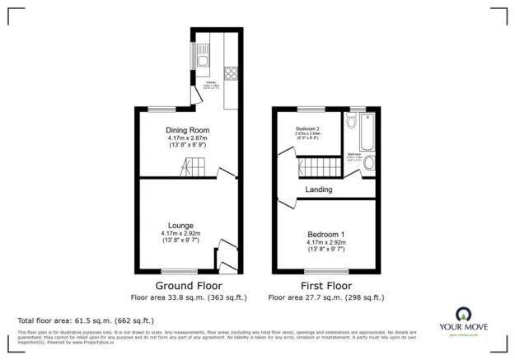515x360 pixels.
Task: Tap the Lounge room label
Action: [180, 225]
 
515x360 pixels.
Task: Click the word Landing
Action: [319, 189]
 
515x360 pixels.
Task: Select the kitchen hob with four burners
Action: [230, 72]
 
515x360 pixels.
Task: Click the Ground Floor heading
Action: [183, 285]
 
